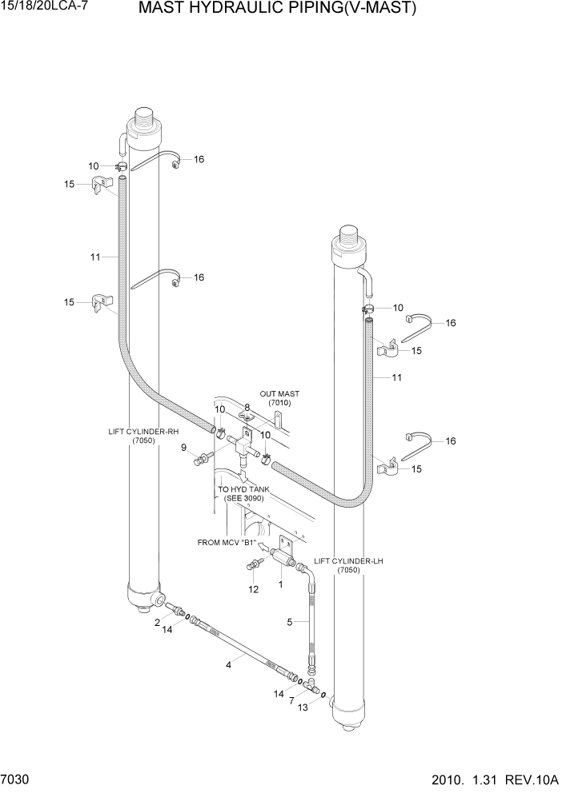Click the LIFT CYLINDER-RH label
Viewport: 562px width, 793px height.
pos(143,436)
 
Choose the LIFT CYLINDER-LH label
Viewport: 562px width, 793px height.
pos(348,566)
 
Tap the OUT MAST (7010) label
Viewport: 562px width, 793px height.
pos(279,398)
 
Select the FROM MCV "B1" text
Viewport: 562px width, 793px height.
pos(227,542)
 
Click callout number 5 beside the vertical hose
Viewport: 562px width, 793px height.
pos(291,621)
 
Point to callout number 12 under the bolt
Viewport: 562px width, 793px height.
pos(253,590)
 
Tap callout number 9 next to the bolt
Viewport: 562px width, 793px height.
pos(183,447)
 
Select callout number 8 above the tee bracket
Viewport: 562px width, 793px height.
pos(247,408)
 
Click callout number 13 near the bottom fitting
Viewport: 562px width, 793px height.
pos(303,707)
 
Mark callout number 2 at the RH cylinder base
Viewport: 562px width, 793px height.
pos(158,620)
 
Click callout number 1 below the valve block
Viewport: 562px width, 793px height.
pos(280,584)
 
